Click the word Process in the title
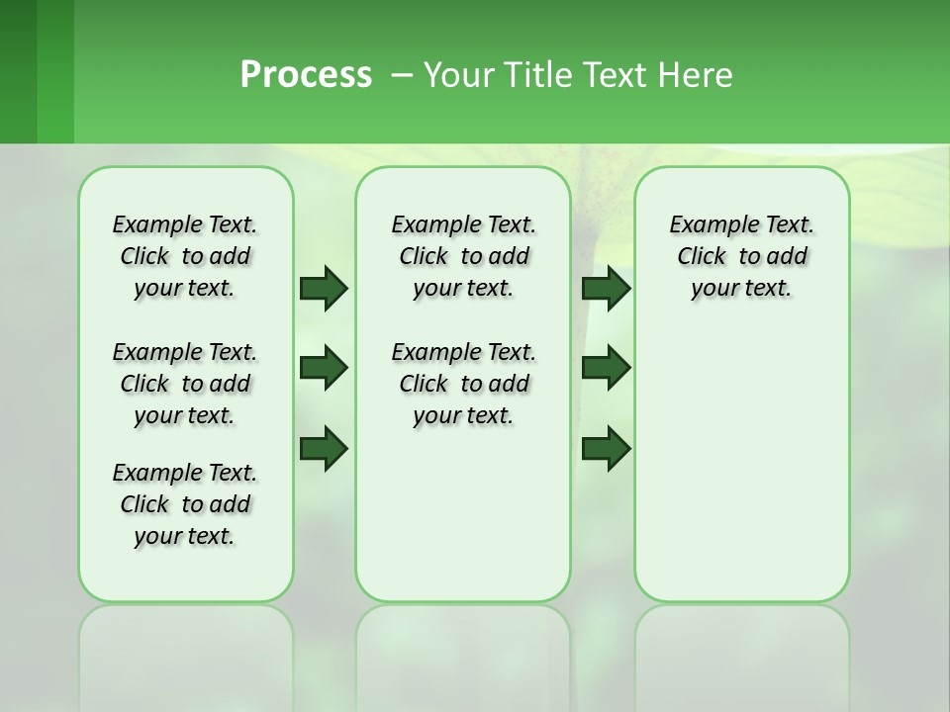pyautogui.click(x=306, y=75)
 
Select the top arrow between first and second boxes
pyautogui.click(x=324, y=288)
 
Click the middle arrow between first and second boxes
pyautogui.click(x=324, y=368)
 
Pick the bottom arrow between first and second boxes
pyautogui.click(x=324, y=448)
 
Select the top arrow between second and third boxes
pyautogui.click(x=606, y=288)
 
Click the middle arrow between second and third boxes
pyautogui.click(x=606, y=368)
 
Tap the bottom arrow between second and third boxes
pyautogui.click(x=606, y=448)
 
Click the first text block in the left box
pyautogui.click(x=185, y=256)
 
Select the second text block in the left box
pyautogui.click(x=185, y=384)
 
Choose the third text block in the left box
pyautogui.click(x=185, y=504)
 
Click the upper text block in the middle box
pyautogui.click(x=464, y=256)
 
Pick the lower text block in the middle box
pyautogui.click(x=464, y=384)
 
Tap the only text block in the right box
pyautogui.click(x=742, y=256)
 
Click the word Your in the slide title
pyautogui.click(x=458, y=75)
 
